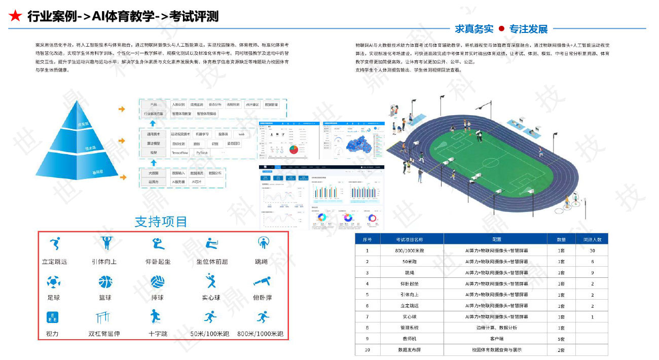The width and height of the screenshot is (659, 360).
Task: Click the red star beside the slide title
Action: (16, 16)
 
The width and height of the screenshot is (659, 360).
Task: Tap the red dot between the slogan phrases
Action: (501, 29)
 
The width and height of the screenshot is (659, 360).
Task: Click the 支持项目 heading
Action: (161, 222)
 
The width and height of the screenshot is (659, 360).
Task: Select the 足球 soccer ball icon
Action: (53, 282)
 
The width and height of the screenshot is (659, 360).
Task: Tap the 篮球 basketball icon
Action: (105, 282)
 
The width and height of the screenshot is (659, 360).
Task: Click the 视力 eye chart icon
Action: (52, 318)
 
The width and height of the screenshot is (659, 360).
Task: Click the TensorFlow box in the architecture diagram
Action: (180, 153)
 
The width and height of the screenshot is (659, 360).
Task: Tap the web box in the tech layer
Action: (242, 134)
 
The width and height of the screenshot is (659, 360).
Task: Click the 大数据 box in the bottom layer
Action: (153, 173)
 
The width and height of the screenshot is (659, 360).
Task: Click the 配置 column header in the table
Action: (496, 239)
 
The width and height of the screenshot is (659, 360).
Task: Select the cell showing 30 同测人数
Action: (592, 250)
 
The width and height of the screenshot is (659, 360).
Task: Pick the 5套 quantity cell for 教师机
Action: (562, 339)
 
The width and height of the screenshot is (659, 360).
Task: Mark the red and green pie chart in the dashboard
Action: (294, 150)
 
